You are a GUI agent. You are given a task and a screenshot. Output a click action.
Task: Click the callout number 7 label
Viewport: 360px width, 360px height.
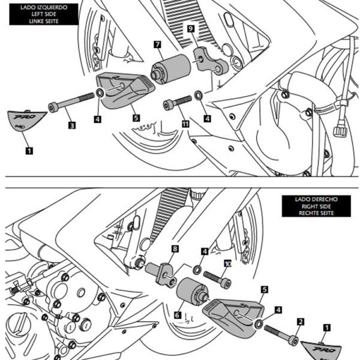[157, 45]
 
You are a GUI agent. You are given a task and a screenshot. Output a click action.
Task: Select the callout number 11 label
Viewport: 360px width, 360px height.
[185, 124]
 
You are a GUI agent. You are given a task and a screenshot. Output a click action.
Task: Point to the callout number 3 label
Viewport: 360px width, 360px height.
[71, 125]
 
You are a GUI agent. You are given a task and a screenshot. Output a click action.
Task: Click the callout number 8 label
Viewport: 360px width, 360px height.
[175, 248]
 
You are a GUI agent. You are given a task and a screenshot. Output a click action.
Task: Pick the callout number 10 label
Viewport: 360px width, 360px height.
[227, 263]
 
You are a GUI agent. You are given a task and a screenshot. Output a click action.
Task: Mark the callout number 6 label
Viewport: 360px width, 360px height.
[178, 314]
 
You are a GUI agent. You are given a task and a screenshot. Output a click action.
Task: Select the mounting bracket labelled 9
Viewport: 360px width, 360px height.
[207, 61]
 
